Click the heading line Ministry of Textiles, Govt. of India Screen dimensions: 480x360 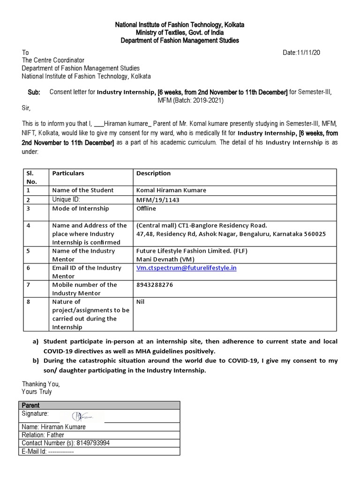coord(180,33)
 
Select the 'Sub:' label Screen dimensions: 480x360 coord(34,92)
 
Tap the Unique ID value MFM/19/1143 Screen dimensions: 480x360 coord(157,200)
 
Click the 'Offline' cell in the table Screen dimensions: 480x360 coord(146,208)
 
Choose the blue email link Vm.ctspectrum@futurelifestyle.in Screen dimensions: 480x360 coord(186,268)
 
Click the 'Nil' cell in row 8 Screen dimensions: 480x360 coord(141,302)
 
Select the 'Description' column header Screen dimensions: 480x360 coord(153,173)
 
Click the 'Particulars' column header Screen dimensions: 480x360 coord(68,173)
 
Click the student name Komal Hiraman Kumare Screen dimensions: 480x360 coord(171,190)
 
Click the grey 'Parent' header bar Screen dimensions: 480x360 coord(99,405)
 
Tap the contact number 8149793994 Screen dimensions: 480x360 coord(94,443)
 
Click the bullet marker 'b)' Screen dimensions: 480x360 coord(36,361)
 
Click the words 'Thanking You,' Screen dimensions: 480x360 coord(41,384)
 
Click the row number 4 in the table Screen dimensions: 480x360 coord(29,225)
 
